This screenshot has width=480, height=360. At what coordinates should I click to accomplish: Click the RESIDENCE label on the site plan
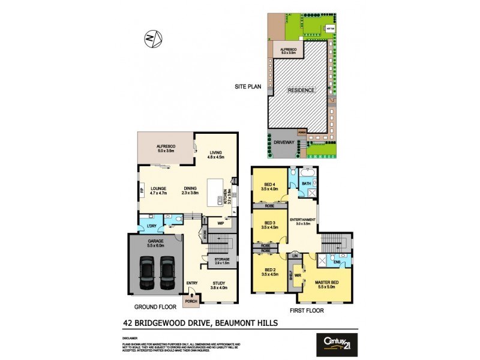click(x=301, y=90)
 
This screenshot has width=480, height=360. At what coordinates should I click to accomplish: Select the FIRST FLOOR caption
click(x=306, y=311)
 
